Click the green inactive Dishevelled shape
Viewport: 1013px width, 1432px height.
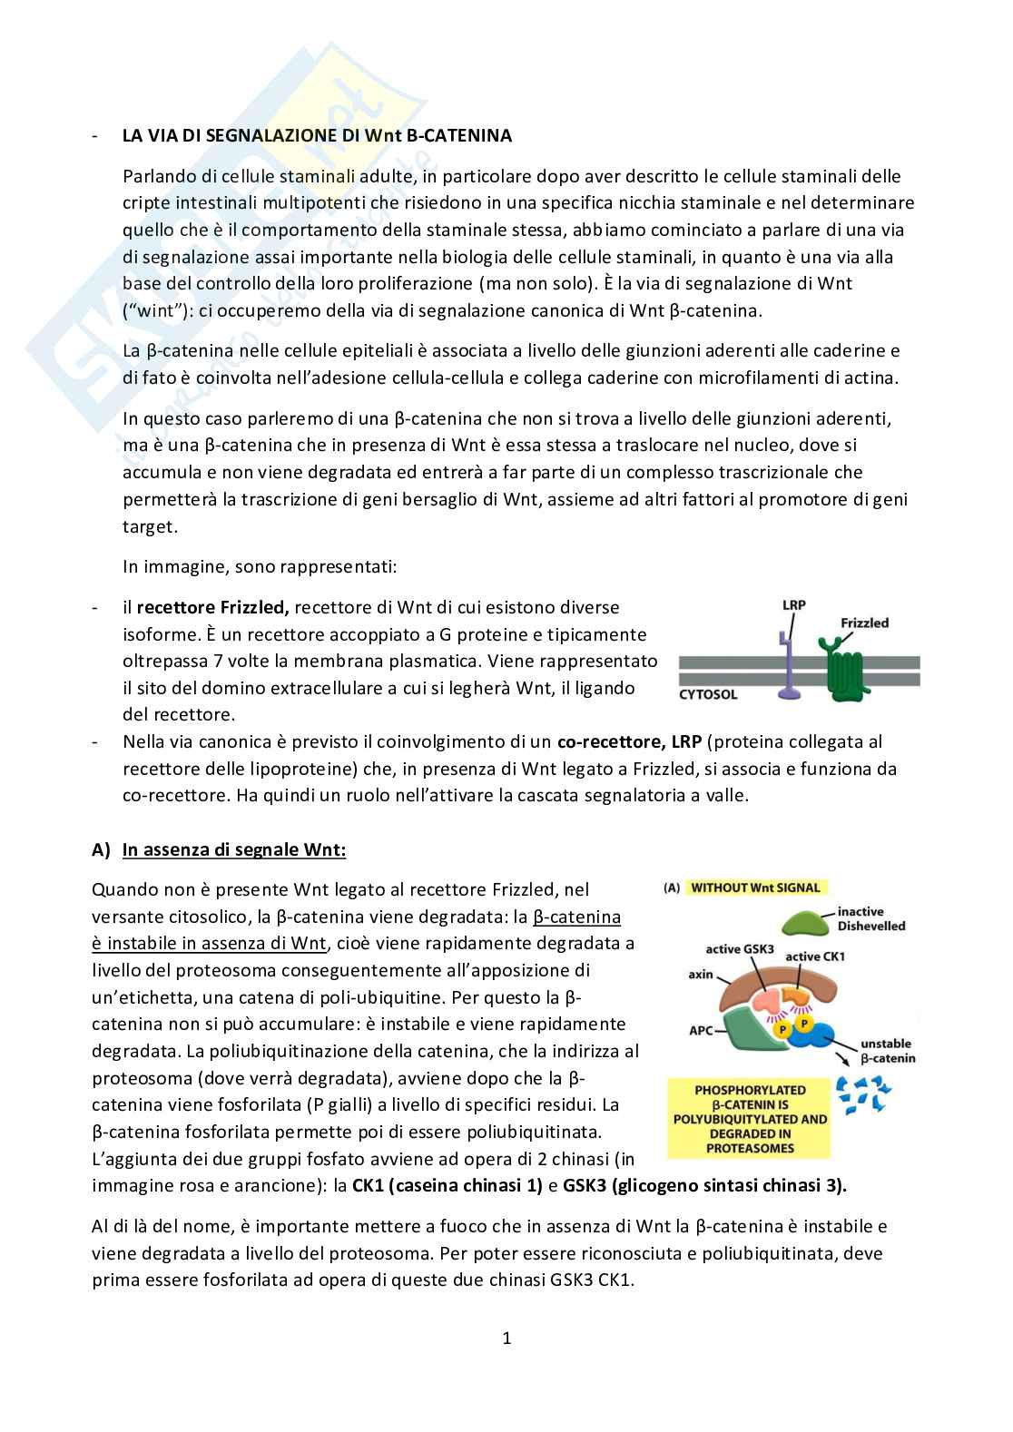pos(791,923)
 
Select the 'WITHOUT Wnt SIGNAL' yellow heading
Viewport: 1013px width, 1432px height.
pos(754,888)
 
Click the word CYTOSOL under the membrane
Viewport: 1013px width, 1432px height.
pos(708,695)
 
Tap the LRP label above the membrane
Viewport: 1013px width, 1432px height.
pos(793,604)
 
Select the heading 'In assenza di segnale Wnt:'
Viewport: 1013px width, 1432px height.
pos(233,850)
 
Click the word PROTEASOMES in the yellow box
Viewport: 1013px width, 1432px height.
pos(750,1148)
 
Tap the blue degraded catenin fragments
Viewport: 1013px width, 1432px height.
pos(862,1094)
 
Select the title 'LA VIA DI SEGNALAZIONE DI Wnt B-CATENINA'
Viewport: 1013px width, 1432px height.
pos(317,136)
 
